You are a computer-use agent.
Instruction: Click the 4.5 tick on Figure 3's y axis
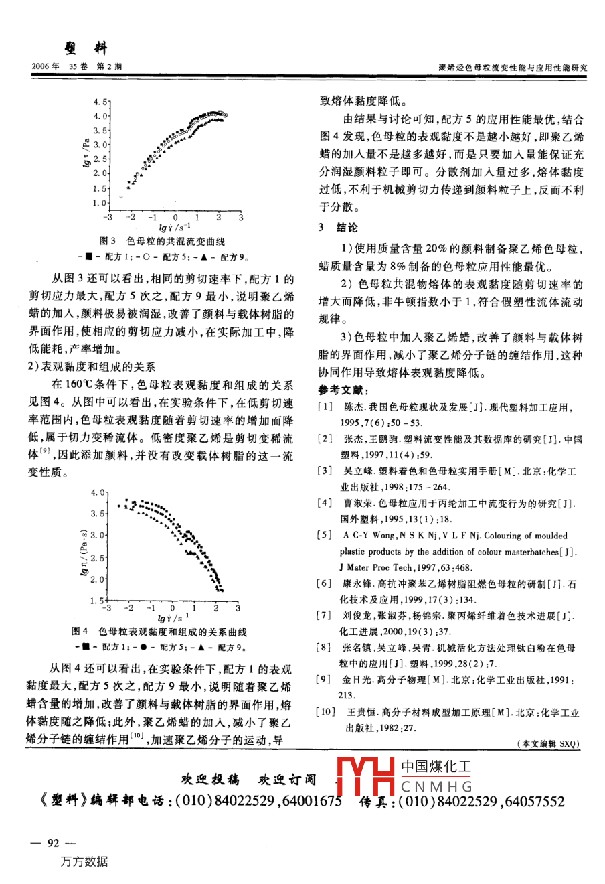pyautogui.click(x=100, y=102)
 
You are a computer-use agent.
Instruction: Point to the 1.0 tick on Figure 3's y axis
pyautogui.click(x=100, y=203)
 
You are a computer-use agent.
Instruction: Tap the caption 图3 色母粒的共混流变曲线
pyautogui.click(x=163, y=242)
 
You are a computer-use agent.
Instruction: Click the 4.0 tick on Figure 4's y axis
pyautogui.click(x=98, y=492)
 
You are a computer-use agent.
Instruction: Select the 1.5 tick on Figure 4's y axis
pyautogui.click(x=97, y=601)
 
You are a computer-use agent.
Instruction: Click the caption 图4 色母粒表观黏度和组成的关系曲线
pyautogui.click(x=159, y=632)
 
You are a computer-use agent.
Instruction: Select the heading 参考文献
pyautogui.click(x=343, y=390)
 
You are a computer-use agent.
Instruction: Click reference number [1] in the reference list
pyautogui.click(x=325, y=407)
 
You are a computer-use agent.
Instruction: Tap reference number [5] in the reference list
pyautogui.click(x=325, y=536)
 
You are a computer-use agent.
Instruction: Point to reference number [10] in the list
pyautogui.click(x=327, y=711)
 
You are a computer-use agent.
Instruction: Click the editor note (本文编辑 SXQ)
pyautogui.click(x=548, y=743)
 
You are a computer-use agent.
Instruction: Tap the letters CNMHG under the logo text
pyautogui.click(x=437, y=786)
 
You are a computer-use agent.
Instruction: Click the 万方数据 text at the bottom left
pyautogui.click(x=84, y=862)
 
